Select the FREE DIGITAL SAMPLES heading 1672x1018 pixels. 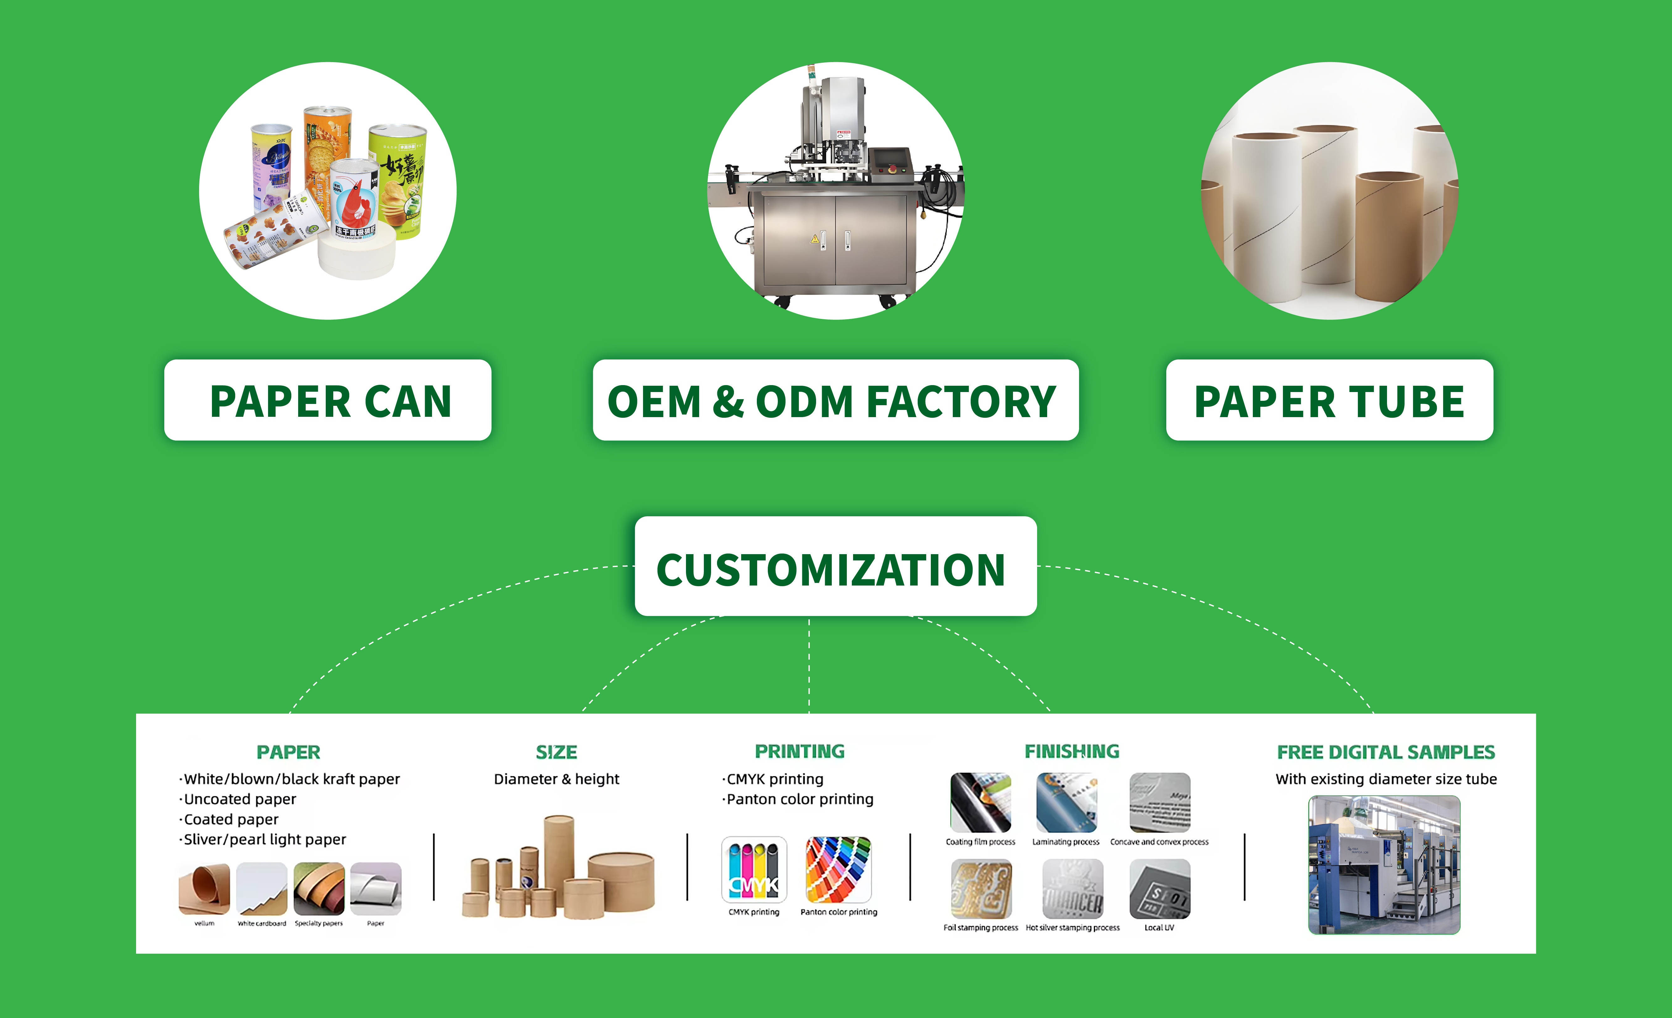tap(1386, 752)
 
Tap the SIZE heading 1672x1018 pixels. tap(556, 752)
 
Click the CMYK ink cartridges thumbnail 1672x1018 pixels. tap(754, 869)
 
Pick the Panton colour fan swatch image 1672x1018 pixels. tap(838, 869)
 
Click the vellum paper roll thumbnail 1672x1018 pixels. tap(204, 889)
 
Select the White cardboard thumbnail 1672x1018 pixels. tap(262, 889)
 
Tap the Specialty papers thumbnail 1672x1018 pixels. tap(319, 889)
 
